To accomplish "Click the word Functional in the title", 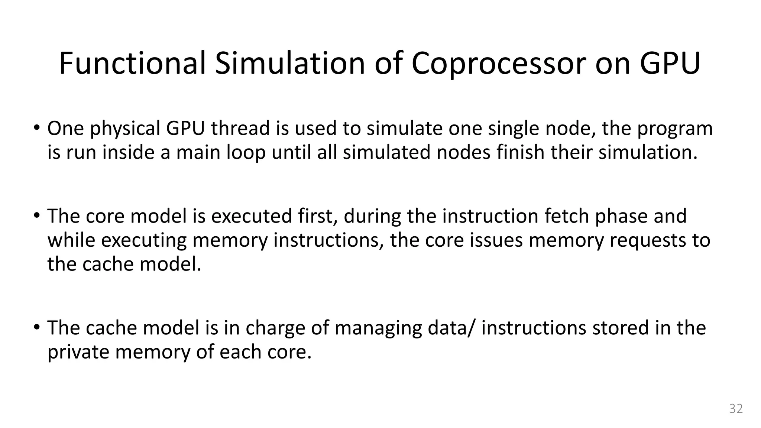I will [132, 63].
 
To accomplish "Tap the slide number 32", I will [736, 408].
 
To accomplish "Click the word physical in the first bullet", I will [125, 129].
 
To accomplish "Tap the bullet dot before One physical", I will [36, 127].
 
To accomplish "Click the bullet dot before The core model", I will [36, 215].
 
